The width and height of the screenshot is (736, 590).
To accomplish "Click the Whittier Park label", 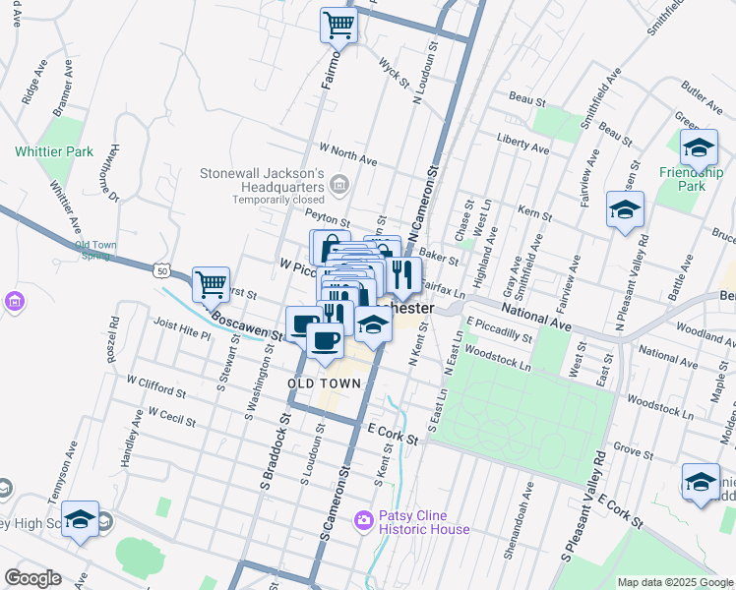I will [x=54, y=151].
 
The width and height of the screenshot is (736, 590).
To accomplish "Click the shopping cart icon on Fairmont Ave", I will [x=338, y=24].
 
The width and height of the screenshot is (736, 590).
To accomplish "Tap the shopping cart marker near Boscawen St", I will [x=211, y=284].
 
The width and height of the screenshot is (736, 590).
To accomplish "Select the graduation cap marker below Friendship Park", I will [x=624, y=210].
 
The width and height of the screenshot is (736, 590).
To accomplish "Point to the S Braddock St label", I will [x=276, y=453].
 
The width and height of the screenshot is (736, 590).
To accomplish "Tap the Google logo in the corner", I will [x=33, y=577].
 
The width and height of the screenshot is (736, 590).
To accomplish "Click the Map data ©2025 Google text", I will [x=675, y=582].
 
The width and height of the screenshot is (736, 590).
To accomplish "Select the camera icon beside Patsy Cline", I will [x=364, y=517].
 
